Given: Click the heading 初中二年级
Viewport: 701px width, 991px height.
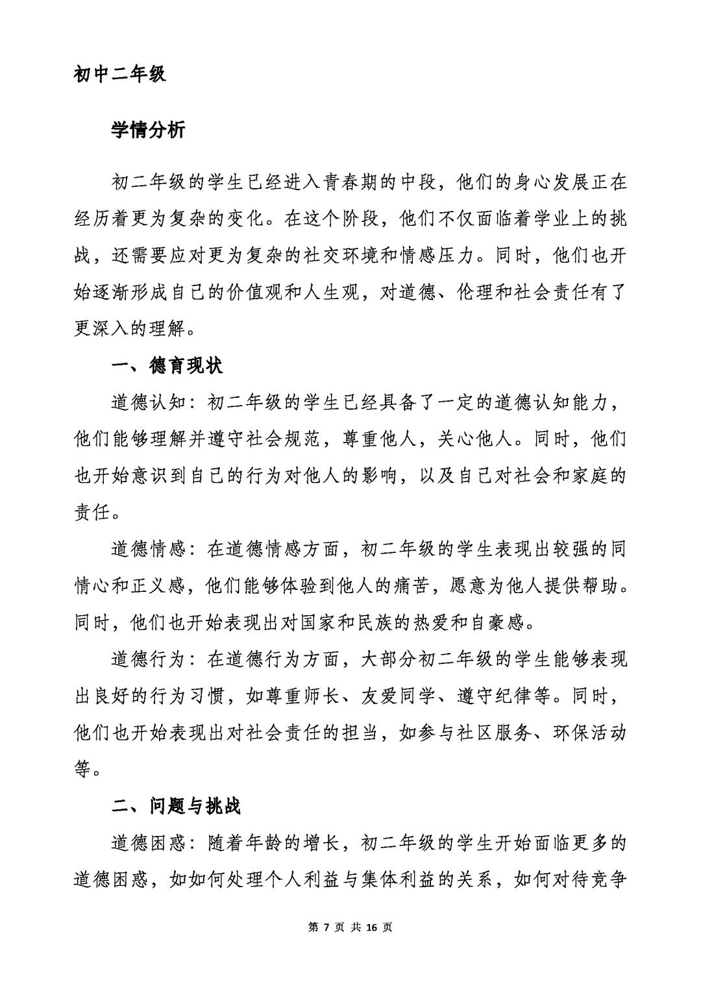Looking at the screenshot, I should tap(120, 74).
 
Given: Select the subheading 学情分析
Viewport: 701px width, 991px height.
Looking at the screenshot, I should tap(148, 130).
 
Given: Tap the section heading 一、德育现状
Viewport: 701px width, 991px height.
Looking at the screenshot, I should tap(167, 366).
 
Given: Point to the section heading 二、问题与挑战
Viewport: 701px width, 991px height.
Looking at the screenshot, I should tap(176, 806).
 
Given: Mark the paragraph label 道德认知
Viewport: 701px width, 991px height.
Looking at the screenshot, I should tap(149, 403).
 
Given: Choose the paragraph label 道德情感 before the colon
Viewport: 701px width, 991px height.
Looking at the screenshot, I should tap(149, 550).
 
